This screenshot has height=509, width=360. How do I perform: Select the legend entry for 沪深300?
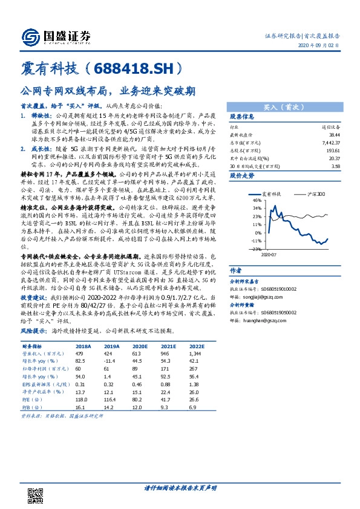tap(315, 194)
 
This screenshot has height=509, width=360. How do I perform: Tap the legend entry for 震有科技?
tap(280, 194)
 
